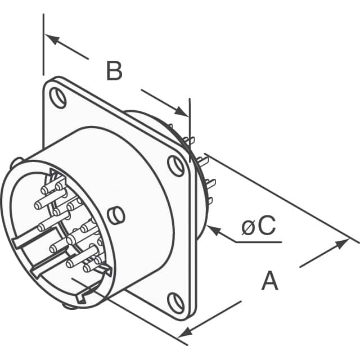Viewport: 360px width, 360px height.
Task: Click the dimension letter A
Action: coord(270,281)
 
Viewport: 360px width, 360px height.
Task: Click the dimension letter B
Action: coord(114,71)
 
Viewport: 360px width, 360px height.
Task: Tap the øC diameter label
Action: coord(259,226)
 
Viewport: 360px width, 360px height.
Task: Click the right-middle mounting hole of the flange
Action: coord(176,166)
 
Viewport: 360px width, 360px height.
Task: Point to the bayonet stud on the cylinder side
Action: coord(116,215)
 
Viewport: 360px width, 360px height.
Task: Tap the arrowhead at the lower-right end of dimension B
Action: coord(182,111)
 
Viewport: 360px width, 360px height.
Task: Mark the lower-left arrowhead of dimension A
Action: coord(185,332)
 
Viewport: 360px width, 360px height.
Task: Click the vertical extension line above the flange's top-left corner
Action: coord(43,44)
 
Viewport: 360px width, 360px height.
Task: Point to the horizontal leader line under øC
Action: coord(259,242)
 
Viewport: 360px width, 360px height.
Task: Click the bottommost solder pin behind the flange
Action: coord(210,201)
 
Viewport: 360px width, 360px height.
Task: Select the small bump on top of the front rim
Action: coord(16,162)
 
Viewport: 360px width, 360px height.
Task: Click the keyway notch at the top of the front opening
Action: coord(55,173)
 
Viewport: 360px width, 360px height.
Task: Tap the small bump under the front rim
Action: coord(69,306)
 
